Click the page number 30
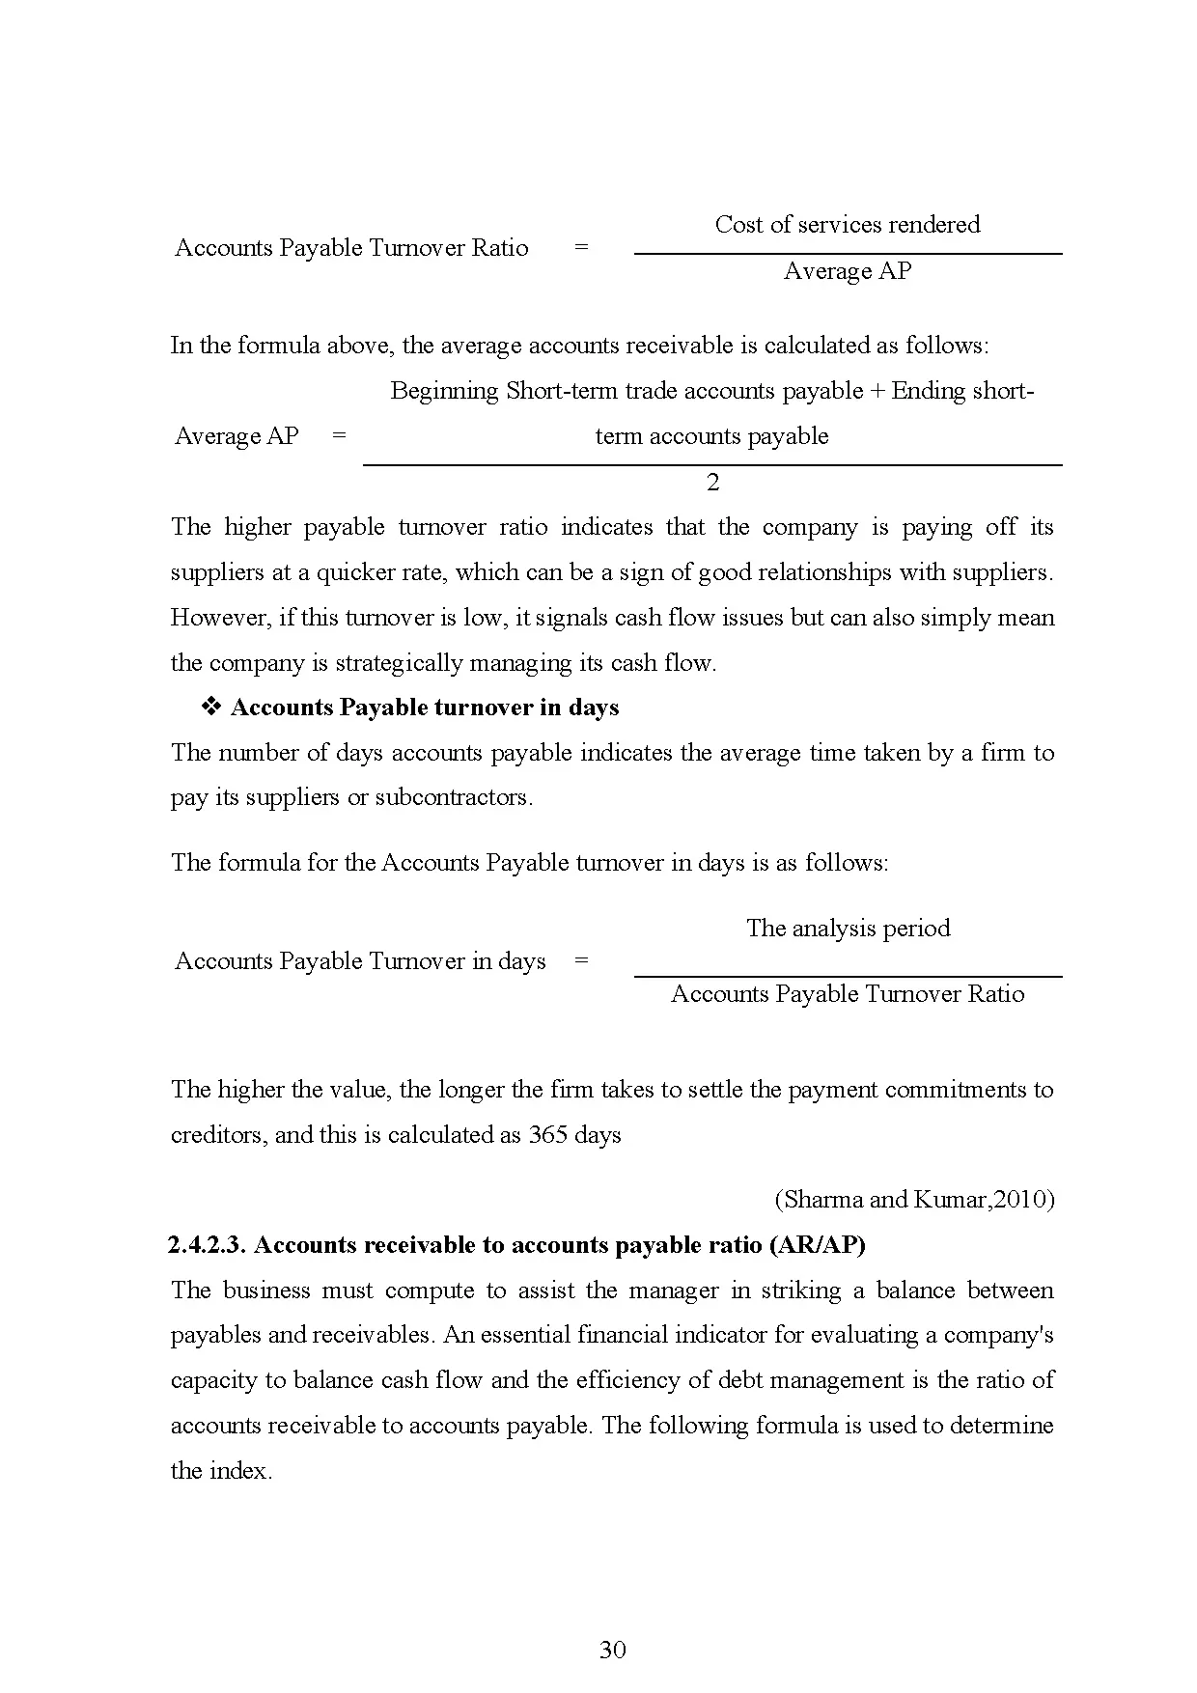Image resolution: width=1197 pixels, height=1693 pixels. tap(612, 1650)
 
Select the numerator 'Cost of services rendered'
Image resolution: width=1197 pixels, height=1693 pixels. tap(847, 225)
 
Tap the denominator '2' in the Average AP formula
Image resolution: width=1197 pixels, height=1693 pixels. tap(712, 482)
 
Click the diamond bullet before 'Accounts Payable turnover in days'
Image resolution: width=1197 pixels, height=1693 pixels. tap(210, 708)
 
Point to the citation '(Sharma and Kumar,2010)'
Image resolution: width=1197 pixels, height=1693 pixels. tap(914, 1200)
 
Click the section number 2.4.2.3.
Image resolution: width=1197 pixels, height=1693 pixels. tap(208, 1245)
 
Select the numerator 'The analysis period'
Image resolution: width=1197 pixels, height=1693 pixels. tap(848, 929)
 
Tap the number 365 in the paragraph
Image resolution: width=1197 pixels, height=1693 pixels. tap(547, 1135)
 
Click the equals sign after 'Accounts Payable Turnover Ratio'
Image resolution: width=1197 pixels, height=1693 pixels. tap(580, 247)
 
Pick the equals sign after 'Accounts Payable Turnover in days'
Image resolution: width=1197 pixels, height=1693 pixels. tap(580, 960)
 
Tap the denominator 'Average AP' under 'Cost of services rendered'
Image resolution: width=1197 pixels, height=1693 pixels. tap(847, 271)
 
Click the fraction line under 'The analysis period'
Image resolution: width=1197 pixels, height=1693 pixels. tap(848, 977)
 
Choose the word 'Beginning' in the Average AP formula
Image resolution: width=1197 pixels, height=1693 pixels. tap(444, 391)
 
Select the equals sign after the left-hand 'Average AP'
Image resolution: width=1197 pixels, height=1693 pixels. tap(339, 436)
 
